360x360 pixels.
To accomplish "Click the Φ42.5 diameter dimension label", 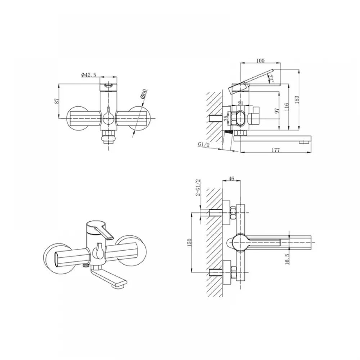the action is click(89, 75).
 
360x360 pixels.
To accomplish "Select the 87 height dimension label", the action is click(57, 101).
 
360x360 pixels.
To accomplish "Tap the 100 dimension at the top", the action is click(260, 60).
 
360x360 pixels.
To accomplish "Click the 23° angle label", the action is click(271, 78).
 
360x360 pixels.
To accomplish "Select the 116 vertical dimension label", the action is click(286, 107).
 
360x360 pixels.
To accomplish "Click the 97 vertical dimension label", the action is click(277, 111).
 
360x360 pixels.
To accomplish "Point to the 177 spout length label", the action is click(275, 150).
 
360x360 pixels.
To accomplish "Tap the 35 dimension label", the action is click(226, 118).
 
